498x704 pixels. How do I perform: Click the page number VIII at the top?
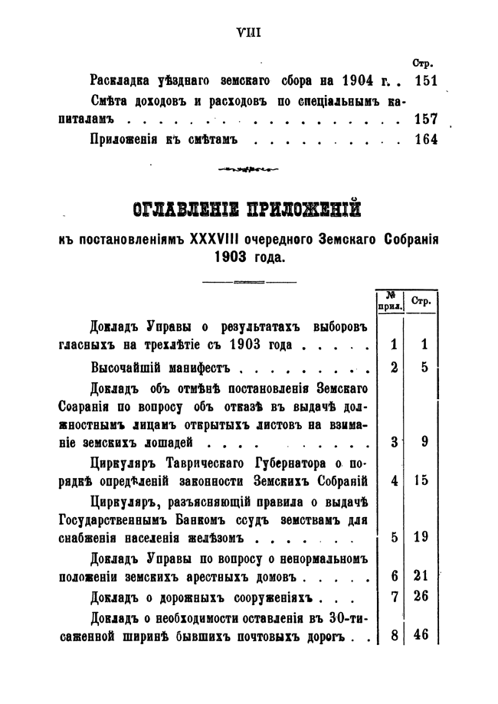250,32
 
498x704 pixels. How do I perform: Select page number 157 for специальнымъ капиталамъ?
424,120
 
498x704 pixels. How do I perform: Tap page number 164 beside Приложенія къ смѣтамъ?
424,140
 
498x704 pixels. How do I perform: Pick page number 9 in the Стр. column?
424,441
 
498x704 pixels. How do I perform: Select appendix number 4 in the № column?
393,481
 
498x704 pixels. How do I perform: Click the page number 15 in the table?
421,481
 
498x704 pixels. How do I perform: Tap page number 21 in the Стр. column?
421,575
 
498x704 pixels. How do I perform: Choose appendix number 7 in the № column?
393,596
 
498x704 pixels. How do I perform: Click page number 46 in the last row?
421,634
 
